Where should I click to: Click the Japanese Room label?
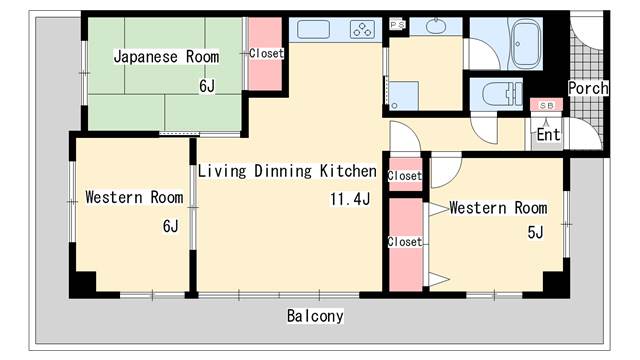click(x=166, y=57)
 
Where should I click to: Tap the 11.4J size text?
click(x=350, y=199)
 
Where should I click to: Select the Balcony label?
click(x=315, y=316)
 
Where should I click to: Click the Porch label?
click(x=588, y=88)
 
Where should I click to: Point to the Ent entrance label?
click(x=548, y=134)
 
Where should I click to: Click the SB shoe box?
click(x=547, y=105)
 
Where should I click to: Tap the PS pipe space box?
click(x=397, y=24)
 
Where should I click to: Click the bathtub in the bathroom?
click(x=526, y=44)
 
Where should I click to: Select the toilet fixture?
click(x=502, y=94)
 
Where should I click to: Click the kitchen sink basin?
click(x=313, y=29)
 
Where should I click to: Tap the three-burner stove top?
click(x=362, y=29)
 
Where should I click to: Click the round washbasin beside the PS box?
click(x=436, y=27)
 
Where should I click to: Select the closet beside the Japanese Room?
click(x=265, y=54)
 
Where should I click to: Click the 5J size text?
click(x=535, y=232)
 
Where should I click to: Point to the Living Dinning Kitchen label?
click(x=287, y=171)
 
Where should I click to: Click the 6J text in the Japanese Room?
click(x=207, y=86)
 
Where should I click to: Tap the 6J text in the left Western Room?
click(x=171, y=226)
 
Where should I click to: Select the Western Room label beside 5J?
click(x=498, y=208)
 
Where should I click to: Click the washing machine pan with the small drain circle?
click(x=403, y=96)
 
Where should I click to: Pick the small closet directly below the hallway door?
click(x=405, y=175)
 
